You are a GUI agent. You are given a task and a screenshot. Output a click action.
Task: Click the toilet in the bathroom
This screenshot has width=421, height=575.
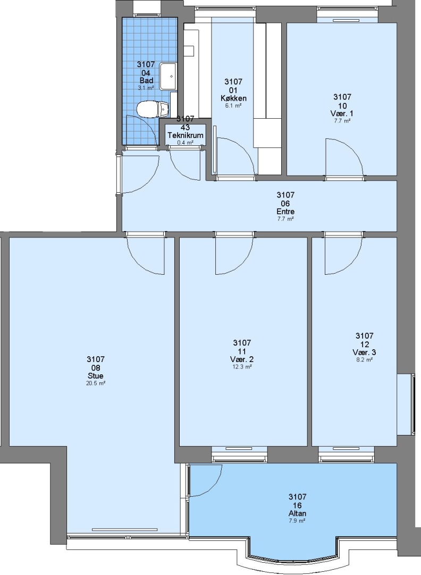(x=152, y=109)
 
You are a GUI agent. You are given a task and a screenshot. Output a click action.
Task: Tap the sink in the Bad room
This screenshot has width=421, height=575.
(x=169, y=76)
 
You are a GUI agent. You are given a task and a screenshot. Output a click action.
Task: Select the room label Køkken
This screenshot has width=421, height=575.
(x=233, y=98)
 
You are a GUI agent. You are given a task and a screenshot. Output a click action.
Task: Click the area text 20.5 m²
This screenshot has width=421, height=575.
(x=96, y=383)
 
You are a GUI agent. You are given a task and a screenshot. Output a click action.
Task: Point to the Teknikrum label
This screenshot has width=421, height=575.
(x=185, y=135)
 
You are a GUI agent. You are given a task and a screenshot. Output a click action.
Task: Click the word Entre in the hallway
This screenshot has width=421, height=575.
(x=285, y=211)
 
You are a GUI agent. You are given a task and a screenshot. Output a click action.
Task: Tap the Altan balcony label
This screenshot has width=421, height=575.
(x=297, y=513)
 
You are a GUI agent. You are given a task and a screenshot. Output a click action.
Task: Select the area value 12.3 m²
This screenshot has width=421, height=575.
(x=242, y=367)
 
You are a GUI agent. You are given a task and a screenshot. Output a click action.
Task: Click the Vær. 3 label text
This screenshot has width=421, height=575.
(x=364, y=352)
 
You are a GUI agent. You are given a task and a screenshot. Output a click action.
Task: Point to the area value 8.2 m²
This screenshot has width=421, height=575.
(x=365, y=360)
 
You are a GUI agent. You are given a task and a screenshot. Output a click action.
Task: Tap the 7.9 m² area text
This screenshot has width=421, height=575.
(x=297, y=521)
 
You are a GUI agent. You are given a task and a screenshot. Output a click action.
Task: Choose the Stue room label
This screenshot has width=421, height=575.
(x=96, y=376)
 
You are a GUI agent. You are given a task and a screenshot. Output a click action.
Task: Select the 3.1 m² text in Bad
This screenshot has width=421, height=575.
(x=146, y=88)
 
